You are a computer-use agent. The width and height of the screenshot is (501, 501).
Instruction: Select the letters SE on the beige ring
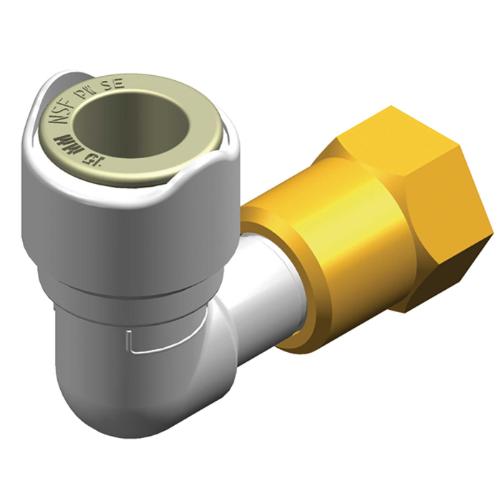(117, 84)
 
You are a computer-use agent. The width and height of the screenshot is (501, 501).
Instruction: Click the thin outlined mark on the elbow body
(154, 344)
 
